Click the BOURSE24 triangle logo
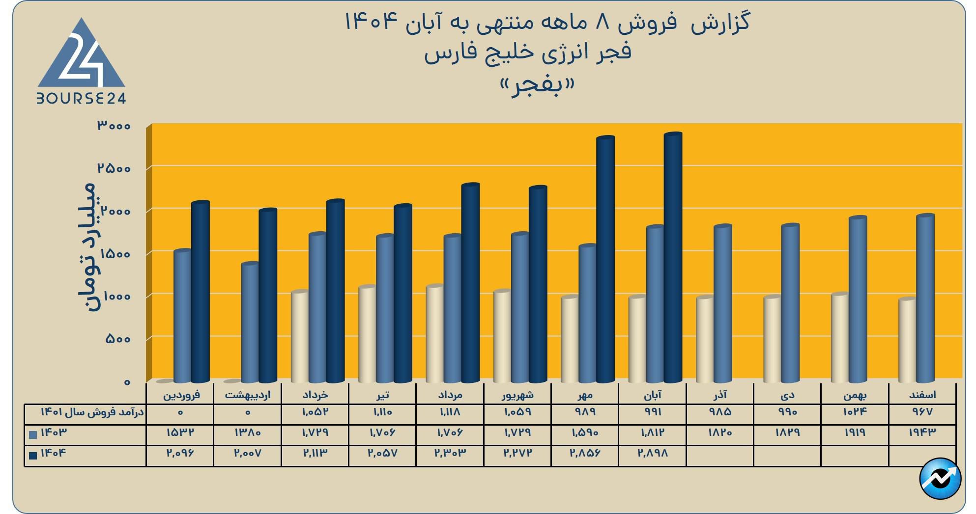[x=82, y=61]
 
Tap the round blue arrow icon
[x=940, y=479]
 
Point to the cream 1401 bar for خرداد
[x=299, y=337]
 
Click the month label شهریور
[x=517, y=395]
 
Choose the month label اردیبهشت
[x=248, y=395]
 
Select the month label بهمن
[x=855, y=395]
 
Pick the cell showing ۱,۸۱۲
[x=653, y=433]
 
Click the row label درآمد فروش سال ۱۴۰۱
[x=92, y=412]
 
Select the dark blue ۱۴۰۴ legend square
[x=33, y=455]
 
